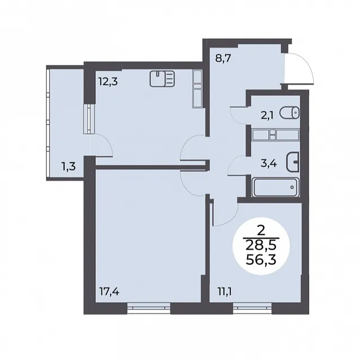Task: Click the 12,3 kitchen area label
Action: (x=108, y=81)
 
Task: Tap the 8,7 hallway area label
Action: (x=223, y=58)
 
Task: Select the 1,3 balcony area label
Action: (x=68, y=166)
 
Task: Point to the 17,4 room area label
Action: (x=109, y=292)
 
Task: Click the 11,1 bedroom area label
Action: (x=225, y=292)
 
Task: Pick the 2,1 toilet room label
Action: (x=267, y=116)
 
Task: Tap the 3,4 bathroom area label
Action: (x=269, y=164)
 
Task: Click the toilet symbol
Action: (x=289, y=112)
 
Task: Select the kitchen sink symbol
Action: (x=162, y=79)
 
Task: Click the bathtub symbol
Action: (x=275, y=187)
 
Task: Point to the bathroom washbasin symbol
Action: (x=293, y=162)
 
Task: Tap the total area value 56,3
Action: (x=261, y=260)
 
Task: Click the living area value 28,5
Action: (x=261, y=246)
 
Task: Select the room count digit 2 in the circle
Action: (x=261, y=231)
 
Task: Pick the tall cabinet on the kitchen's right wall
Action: (x=197, y=89)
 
